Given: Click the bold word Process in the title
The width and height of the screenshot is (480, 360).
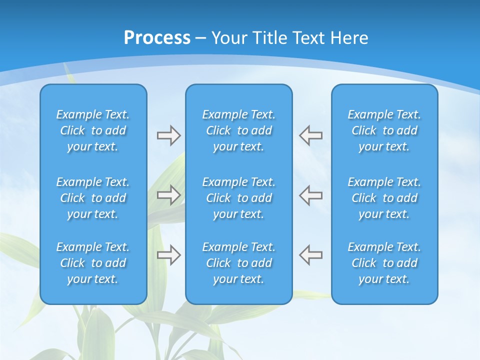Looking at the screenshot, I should point(157,38).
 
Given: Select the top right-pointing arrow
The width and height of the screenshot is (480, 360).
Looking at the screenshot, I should point(168,135).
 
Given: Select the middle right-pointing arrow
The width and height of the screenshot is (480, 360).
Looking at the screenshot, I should point(168,195).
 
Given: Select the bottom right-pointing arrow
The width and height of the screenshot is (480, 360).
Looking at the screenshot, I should point(168,255).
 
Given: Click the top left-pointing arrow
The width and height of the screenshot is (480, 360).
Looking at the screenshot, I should point(310,135).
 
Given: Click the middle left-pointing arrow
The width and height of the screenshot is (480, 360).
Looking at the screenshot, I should point(310,195).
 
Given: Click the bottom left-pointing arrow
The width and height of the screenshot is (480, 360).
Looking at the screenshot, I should point(310,255).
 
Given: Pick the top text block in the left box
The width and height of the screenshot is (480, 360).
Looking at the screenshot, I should point(93,130).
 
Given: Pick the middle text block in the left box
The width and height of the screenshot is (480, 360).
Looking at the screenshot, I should point(93,198).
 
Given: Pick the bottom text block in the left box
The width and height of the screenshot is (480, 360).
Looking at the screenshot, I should point(93,263).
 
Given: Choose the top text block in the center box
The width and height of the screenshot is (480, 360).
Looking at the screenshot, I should point(238,130).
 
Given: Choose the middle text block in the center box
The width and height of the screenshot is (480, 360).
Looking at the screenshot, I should point(238,198).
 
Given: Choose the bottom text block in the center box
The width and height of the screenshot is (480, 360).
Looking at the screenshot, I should point(238,263).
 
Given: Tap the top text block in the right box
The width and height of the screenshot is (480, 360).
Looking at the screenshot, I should point(384,130).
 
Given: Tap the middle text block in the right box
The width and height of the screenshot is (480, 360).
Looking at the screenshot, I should point(384,198).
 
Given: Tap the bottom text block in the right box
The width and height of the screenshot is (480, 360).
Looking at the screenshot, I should point(384,263).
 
